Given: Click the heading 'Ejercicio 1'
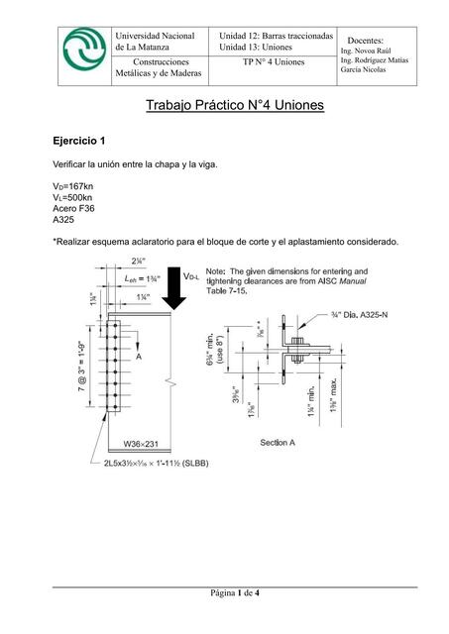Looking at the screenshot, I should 84,141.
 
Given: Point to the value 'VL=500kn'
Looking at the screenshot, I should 73,198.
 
